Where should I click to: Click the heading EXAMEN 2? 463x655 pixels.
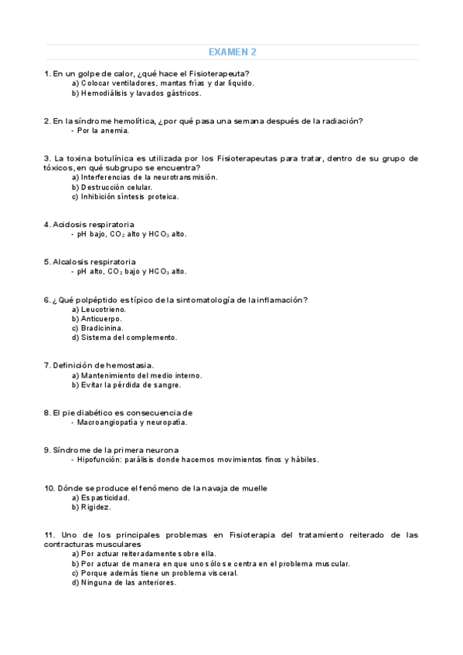(232, 53)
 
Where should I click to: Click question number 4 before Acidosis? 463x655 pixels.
(46, 224)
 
